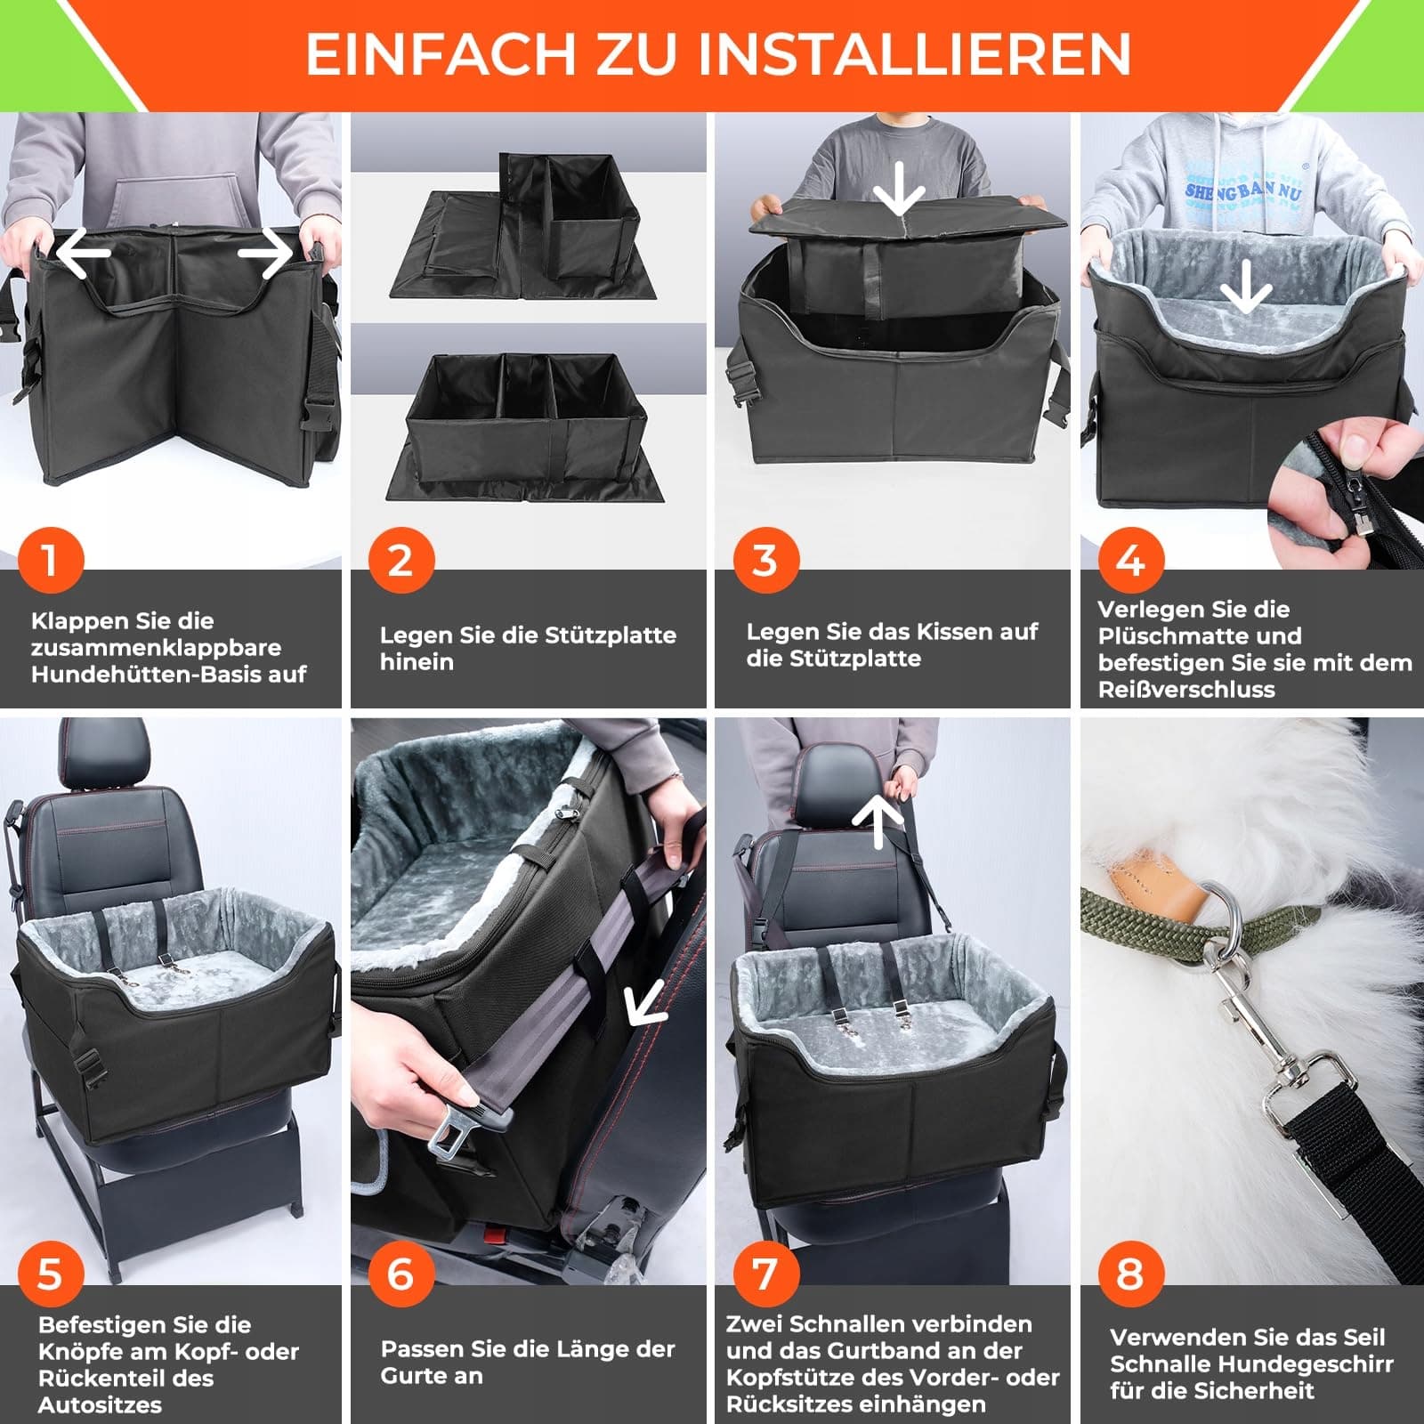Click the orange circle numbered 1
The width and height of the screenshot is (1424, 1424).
50,561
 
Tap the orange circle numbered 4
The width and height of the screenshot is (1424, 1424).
1130,561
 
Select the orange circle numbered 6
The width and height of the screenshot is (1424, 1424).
400,1274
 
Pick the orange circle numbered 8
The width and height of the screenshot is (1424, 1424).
1130,1274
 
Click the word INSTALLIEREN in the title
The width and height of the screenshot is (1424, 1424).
914,54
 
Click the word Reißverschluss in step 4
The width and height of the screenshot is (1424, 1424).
1186,690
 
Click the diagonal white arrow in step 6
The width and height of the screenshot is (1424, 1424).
647,1003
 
